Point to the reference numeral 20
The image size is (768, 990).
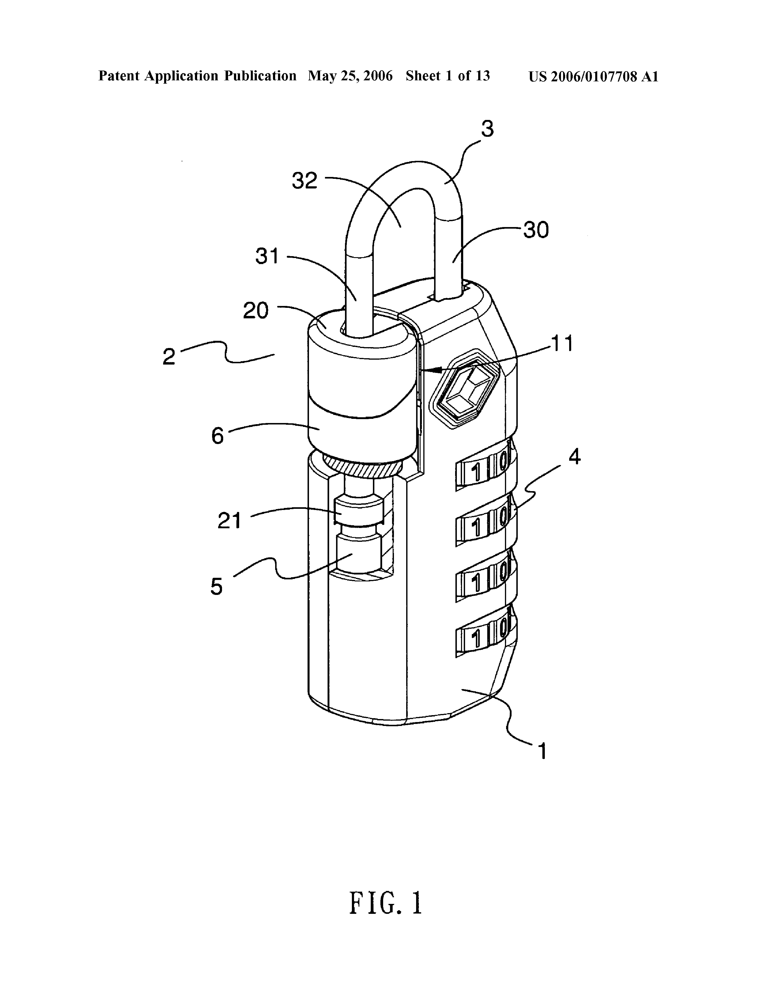(x=256, y=311)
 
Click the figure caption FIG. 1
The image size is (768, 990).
(x=385, y=903)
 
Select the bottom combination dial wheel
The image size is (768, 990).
(x=485, y=635)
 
